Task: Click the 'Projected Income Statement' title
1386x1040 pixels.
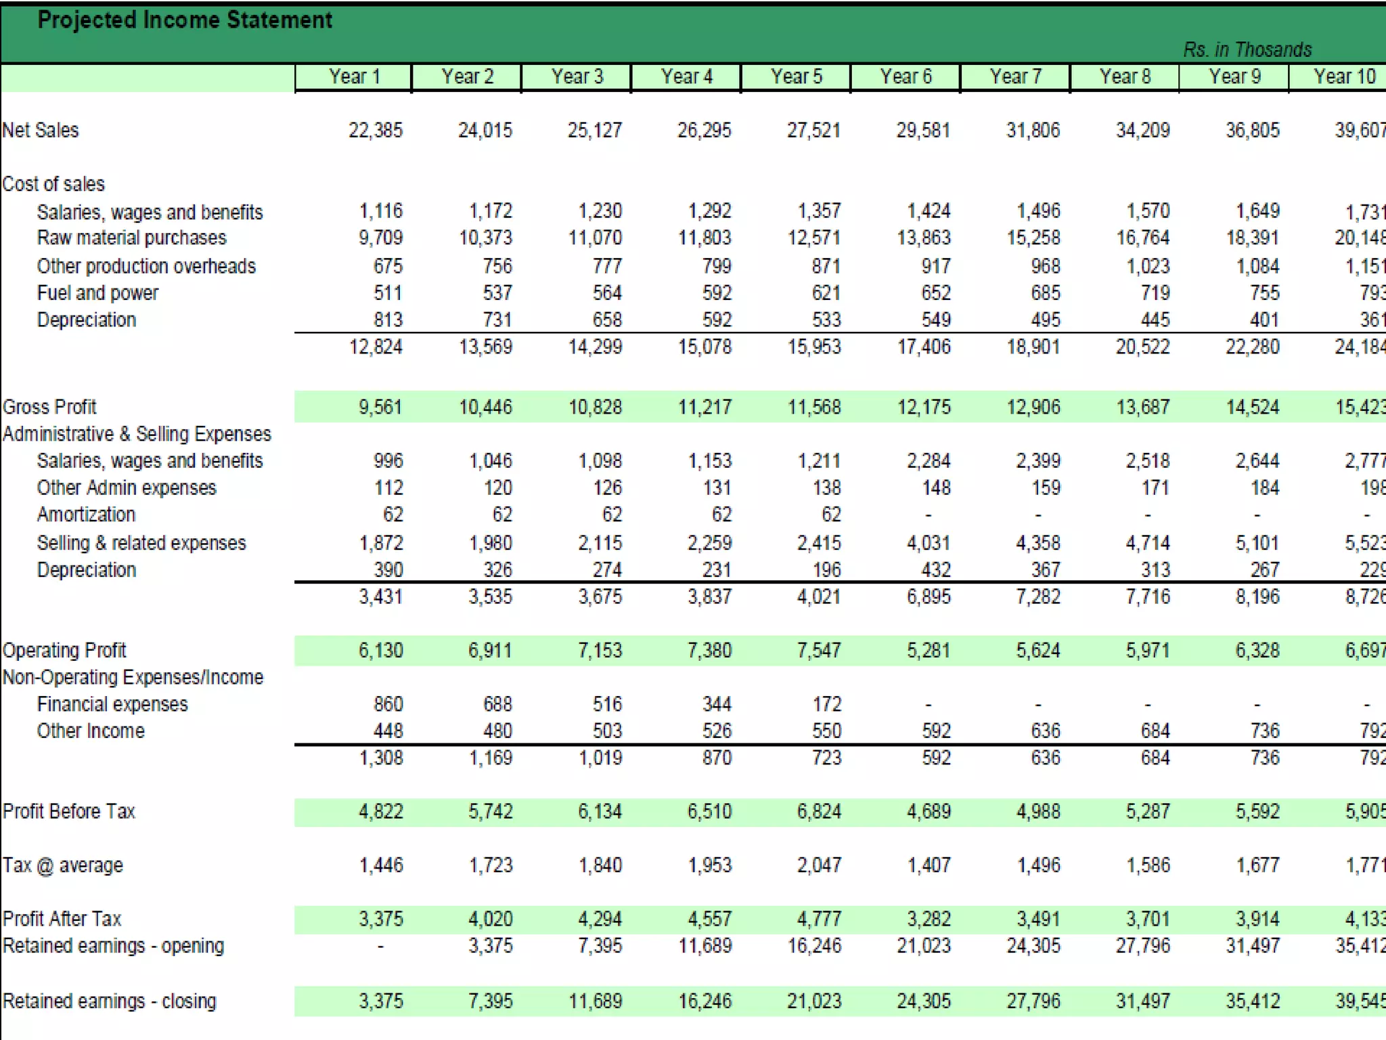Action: [185, 20]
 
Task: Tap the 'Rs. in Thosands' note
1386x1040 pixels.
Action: [1247, 49]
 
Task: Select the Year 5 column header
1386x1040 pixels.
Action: [796, 77]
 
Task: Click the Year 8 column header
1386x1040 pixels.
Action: [1125, 77]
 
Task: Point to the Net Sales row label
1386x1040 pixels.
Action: [41, 130]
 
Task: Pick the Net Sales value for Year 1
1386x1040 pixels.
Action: [376, 130]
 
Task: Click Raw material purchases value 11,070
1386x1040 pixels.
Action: [595, 238]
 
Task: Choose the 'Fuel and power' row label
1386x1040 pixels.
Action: [97, 293]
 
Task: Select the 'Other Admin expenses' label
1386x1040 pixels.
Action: [127, 488]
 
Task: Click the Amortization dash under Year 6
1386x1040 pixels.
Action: [929, 515]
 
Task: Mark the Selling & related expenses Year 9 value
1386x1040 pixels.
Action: [1257, 543]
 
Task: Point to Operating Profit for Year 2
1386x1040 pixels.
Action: [490, 651]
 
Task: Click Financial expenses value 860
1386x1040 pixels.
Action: [388, 704]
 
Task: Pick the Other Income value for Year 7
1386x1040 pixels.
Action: [1046, 731]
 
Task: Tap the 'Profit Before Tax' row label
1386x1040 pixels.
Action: [69, 812]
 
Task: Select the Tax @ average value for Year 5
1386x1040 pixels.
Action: [819, 865]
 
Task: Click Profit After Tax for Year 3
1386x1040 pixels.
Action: [600, 919]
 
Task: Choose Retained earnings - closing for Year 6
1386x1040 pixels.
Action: [924, 1001]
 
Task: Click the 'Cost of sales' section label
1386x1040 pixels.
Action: [53, 184]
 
